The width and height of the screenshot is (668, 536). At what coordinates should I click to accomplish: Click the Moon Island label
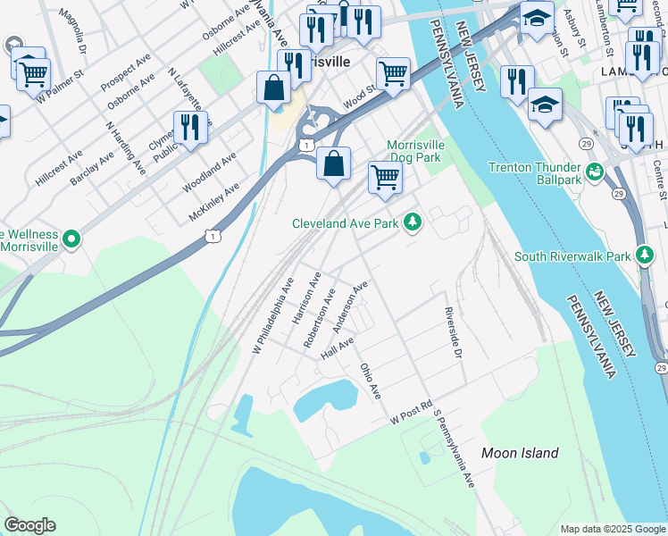[520, 453]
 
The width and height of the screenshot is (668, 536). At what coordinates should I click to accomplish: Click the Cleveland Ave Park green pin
[412, 220]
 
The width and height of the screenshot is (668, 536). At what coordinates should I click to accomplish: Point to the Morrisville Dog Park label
[414, 151]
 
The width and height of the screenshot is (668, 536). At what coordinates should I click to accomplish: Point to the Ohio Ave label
[371, 381]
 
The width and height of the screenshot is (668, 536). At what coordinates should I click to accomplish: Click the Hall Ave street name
[338, 348]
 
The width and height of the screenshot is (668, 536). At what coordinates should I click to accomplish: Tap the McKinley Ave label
[214, 202]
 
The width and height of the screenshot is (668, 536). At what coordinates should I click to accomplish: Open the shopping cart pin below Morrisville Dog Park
[385, 177]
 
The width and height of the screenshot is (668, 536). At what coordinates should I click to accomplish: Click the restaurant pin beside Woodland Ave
[189, 127]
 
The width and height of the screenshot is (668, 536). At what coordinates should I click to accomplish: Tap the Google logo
[29, 525]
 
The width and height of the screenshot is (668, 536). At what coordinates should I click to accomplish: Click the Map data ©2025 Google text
[613, 529]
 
